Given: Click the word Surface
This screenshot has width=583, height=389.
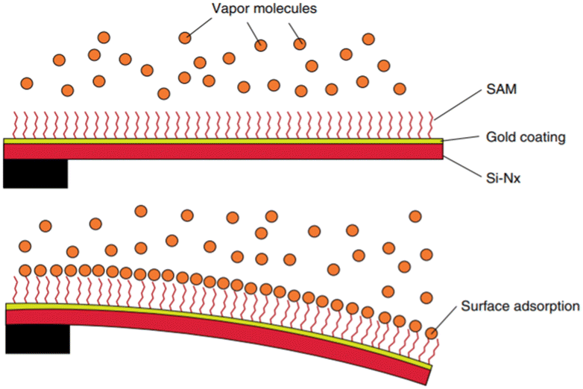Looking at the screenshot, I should tap(484, 306).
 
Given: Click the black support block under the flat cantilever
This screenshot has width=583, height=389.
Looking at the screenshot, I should tap(35, 173).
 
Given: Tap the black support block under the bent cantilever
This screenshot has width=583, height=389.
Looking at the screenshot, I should tap(37, 338).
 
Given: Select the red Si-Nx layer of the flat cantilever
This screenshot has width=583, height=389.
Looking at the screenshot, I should tap(224, 151).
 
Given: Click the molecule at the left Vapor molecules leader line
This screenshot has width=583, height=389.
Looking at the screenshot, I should tap(185, 37).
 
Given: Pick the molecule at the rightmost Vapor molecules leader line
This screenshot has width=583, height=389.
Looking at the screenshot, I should tap(300, 44).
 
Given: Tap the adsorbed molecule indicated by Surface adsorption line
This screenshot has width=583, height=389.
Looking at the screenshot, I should tap(431, 332).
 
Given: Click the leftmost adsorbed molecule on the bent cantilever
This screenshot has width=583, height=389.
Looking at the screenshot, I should tap(26, 270).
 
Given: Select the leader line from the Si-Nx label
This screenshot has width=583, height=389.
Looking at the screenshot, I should tap(462, 166).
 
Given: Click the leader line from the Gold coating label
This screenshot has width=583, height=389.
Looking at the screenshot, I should tap(462, 139).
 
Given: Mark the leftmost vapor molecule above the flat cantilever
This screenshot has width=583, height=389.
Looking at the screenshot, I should tap(27, 83).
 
